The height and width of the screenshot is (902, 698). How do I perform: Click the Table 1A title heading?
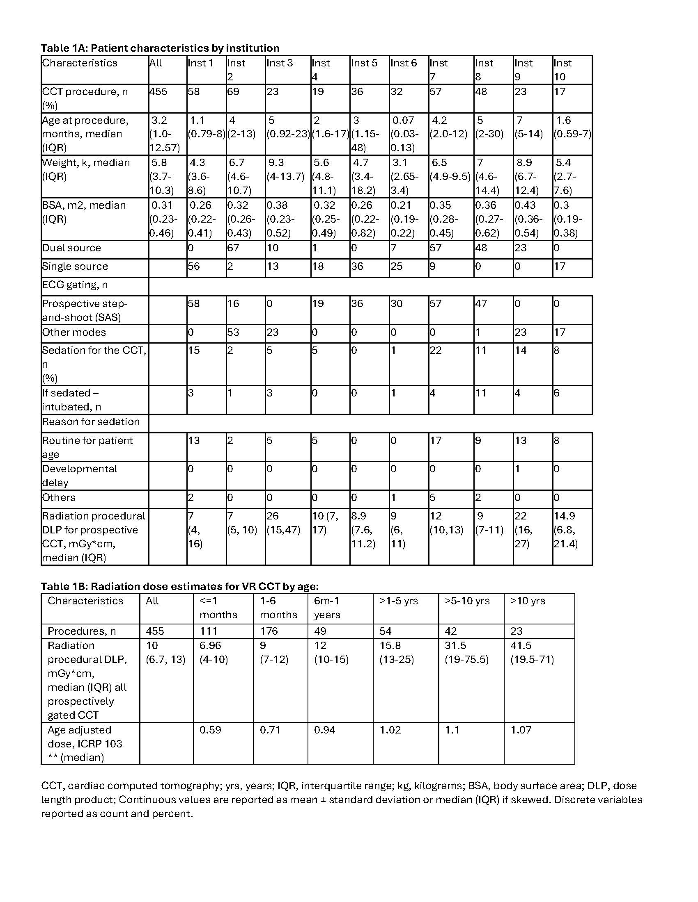click(x=160, y=48)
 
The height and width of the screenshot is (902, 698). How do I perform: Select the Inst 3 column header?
click(x=280, y=63)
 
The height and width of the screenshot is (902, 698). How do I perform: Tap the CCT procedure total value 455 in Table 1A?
click(x=158, y=92)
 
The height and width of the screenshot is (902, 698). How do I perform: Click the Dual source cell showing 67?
click(x=233, y=248)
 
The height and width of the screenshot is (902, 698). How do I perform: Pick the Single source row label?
click(x=75, y=267)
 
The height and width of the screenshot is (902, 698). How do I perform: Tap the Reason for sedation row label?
click(x=91, y=422)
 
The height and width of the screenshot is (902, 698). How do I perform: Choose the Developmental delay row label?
click(x=79, y=476)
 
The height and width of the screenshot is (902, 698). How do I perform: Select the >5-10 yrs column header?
click(x=467, y=601)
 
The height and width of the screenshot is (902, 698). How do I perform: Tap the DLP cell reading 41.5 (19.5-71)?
click(x=532, y=653)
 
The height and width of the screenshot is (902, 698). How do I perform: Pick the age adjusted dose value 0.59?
click(x=210, y=730)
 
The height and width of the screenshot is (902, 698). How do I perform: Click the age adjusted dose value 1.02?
click(x=390, y=730)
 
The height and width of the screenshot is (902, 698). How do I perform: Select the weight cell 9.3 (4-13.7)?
click(x=285, y=170)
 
